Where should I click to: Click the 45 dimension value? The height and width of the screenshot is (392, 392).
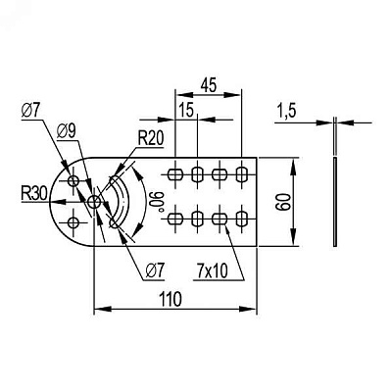pyautogui.click(x=209, y=85)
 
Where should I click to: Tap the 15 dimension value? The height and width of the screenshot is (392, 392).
pyautogui.click(x=186, y=110)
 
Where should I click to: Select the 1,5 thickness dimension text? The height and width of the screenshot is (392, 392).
pyautogui.click(x=286, y=111)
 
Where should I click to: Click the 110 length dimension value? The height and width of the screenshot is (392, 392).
pyautogui.click(x=171, y=299)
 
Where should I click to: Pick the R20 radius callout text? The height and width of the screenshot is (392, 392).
pyautogui.click(x=150, y=139)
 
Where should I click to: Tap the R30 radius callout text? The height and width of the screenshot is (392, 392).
pyautogui.click(x=34, y=194)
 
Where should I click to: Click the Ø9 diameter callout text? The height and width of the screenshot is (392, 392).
pyautogui.click(x=66, y=131)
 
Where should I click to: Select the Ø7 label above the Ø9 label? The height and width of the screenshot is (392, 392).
pyautogui.click(x=30, y=112)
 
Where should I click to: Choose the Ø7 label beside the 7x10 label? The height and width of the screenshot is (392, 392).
pyautogui.click(x=154, y=270)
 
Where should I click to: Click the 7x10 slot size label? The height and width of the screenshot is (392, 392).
pyautogui.click(x=213, y=270)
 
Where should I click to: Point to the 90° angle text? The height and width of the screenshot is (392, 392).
pyautogui.click(x=154, y=201)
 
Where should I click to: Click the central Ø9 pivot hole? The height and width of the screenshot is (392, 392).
pyautogui.click(x=94, y=202)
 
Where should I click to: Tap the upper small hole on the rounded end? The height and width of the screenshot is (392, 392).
pyautogui.click(x=73, y=180)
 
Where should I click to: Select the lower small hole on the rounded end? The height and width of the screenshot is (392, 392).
pyautogui.click(x=73, y=223)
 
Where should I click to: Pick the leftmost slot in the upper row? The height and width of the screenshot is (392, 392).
pyautogui.click(x=175, y=174)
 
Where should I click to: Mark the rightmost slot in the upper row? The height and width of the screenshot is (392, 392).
pyautogui.click(x=241, y=174)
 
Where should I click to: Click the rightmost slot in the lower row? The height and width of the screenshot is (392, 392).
pyautogui.click(x=241, y=219)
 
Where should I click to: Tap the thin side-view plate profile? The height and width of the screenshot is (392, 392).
pyautogui.click(x=335, y=202)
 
